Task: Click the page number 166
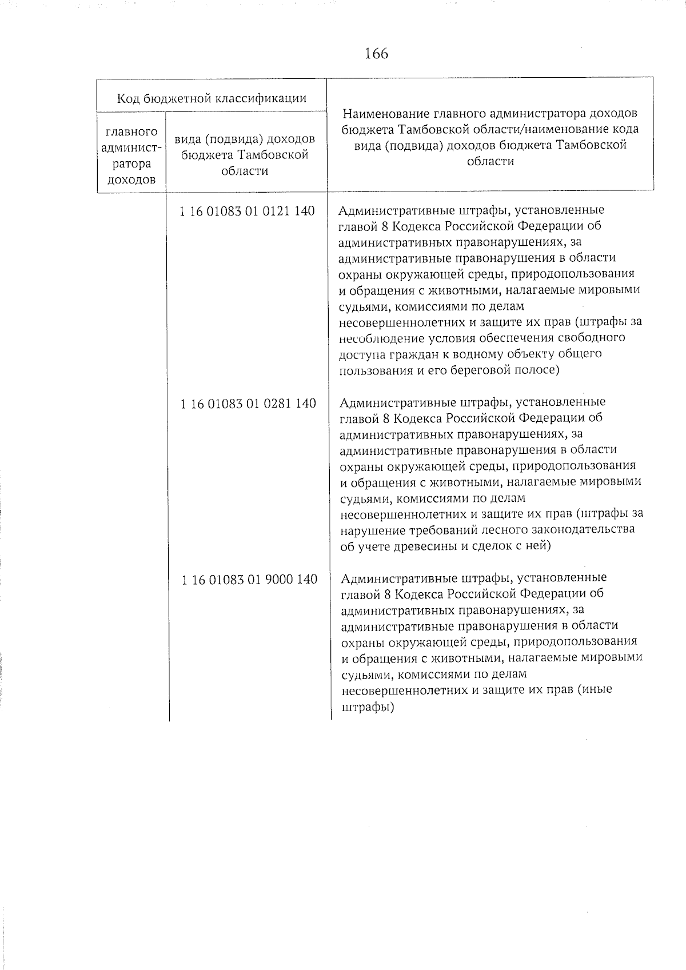376,54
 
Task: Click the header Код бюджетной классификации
212,98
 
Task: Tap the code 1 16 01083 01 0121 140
247,211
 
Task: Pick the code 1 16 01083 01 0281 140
248,404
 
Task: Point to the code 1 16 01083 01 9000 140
249,580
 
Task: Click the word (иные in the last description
595,689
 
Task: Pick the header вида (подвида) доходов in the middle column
245,139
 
